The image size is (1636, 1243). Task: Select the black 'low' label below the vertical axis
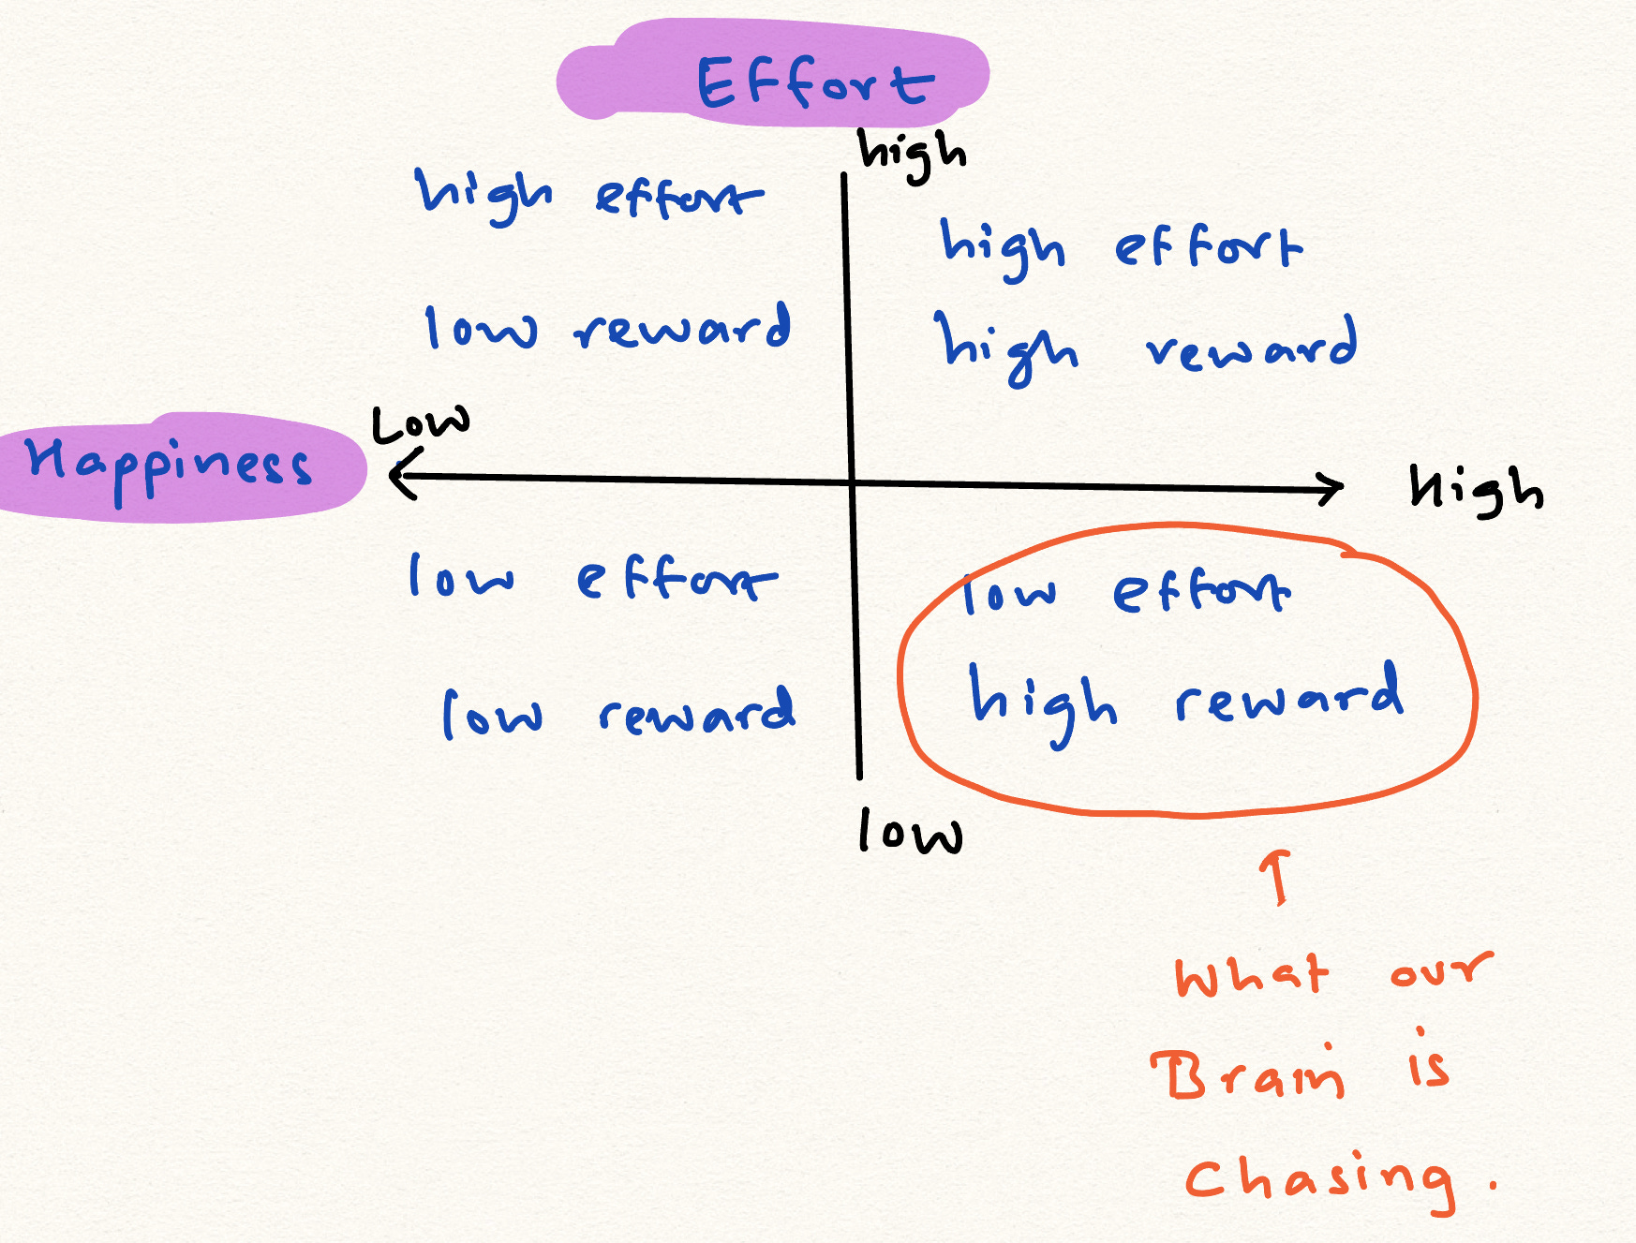[910, 833]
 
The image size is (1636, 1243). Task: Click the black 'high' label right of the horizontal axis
[1476, 489]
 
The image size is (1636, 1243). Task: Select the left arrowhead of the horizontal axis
[400, 474]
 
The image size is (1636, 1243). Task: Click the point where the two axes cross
[852, 482]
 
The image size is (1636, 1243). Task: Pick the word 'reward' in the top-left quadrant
[683, 328]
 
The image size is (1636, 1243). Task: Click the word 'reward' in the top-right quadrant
[1252, 345]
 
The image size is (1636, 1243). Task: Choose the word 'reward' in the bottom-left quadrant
[697, 712]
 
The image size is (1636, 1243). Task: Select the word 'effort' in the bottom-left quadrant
[677, 578]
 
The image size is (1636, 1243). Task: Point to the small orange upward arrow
[1276, 876]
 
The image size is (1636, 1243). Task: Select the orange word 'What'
[1252, 976]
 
